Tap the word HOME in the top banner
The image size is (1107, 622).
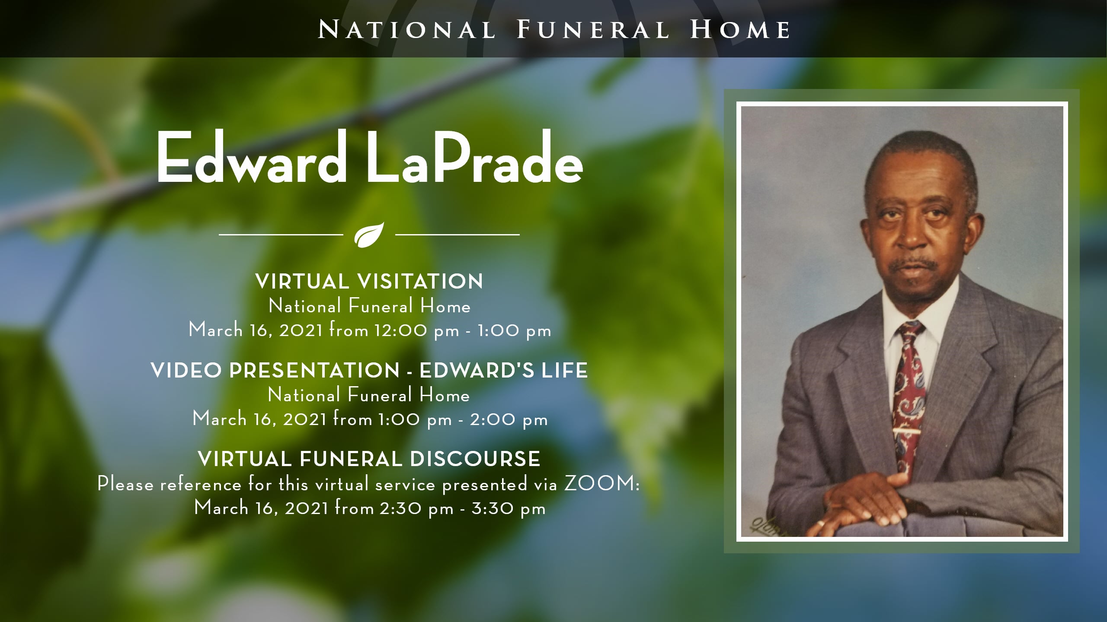pos(740,30)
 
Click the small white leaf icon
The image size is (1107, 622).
pos(369,235)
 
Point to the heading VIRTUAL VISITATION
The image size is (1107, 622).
pos(369,282)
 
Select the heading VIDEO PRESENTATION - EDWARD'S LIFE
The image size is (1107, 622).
pos(369,371)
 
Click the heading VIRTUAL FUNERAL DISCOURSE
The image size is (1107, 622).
pos(369,459)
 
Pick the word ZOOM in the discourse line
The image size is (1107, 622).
pos(598,484)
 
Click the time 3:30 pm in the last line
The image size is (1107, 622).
pos(509,509)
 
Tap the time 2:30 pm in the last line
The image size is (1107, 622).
pos(417,509)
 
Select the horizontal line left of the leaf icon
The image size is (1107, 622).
pos(281,235)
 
